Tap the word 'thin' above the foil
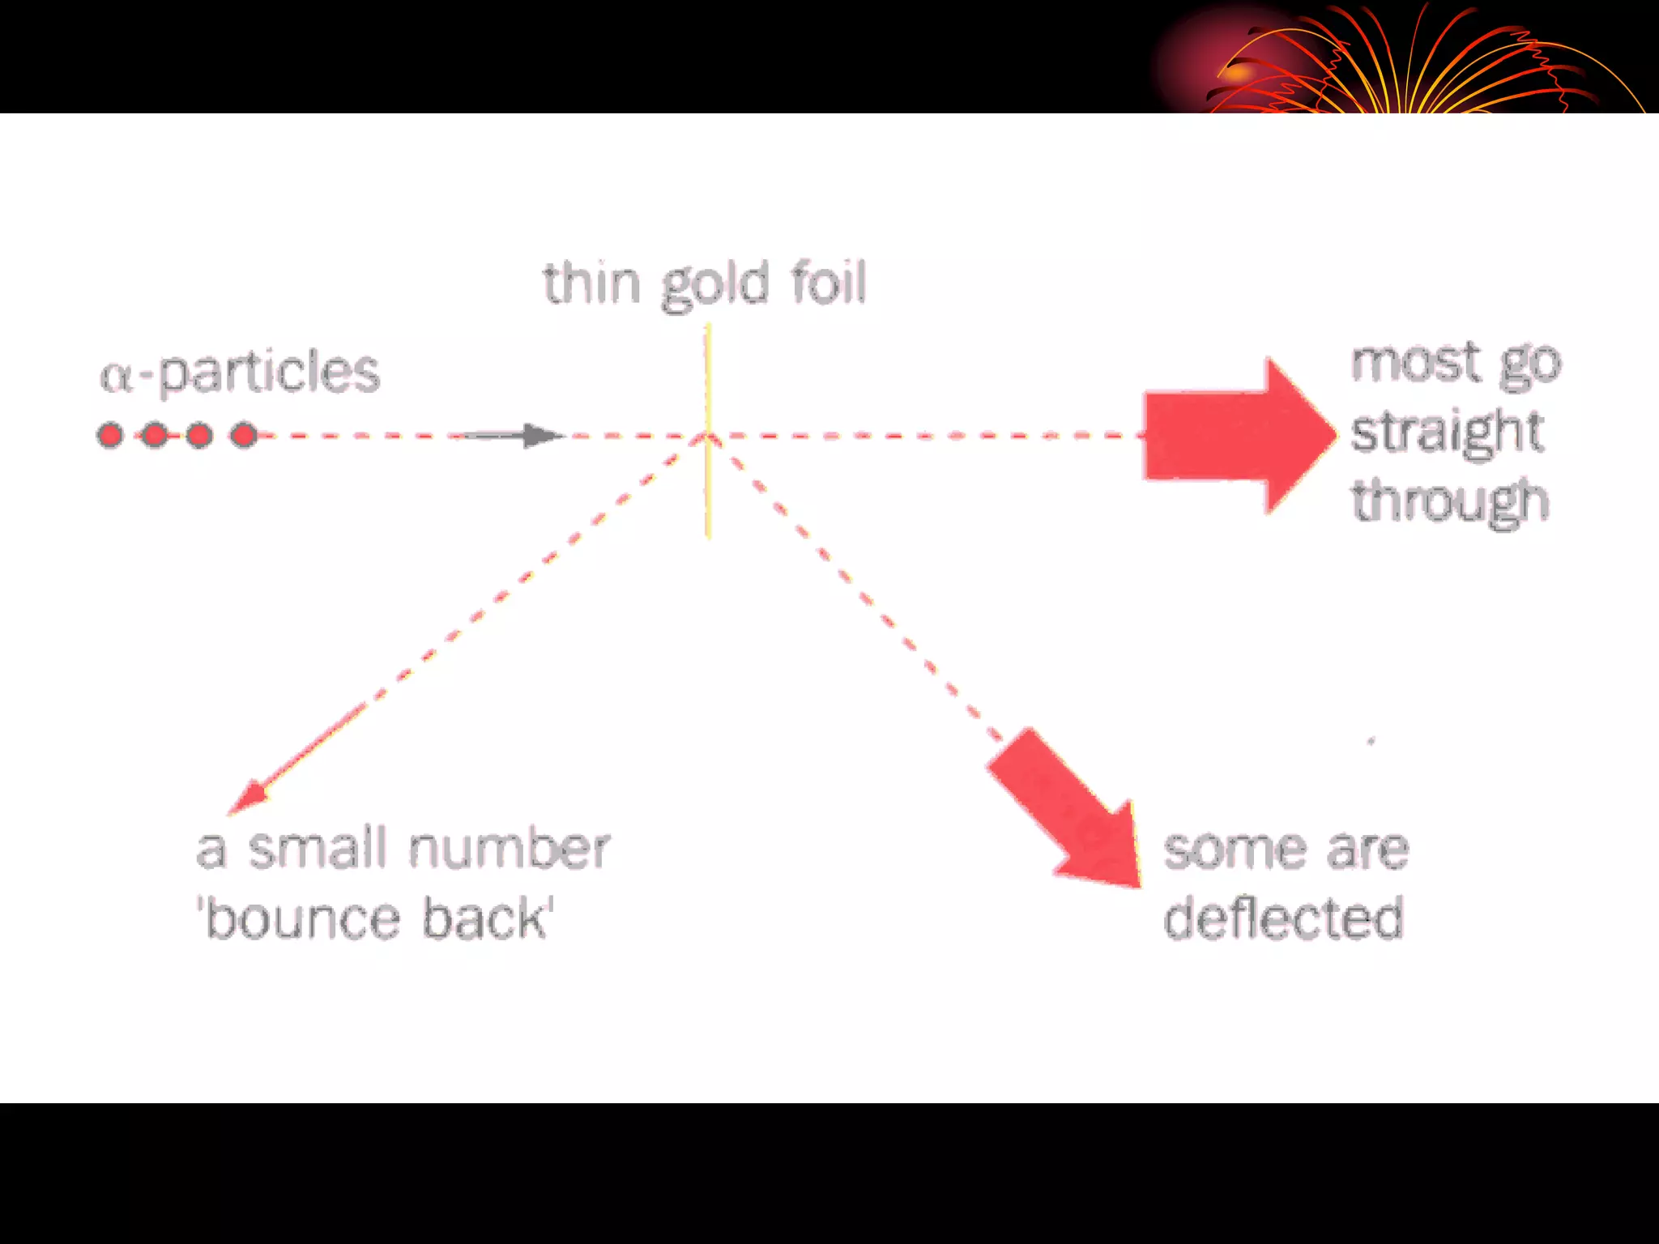pyautogui.click(x=591, y=283)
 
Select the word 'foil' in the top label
pyautogui.click(x=828, y=283)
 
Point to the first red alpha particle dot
pyautogui.click(x=110, y=436)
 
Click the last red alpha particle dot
pyautogui.click(x=243, y=436)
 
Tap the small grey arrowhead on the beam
pyautogui.click(x=541, y=436)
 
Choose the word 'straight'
pyautogui.click(x=1447, y=432)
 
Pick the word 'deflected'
pyautogui.click(x=1283, y=918)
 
